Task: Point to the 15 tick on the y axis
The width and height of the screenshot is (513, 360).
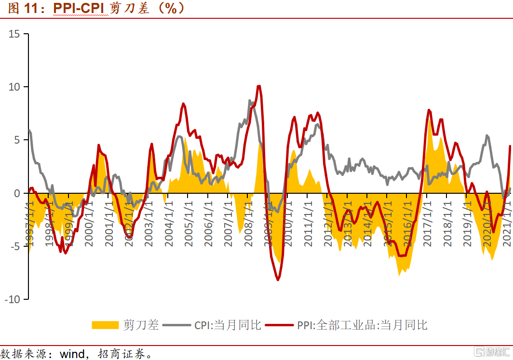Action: pos(14,34)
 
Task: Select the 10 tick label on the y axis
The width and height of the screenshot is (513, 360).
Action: pos(14,87)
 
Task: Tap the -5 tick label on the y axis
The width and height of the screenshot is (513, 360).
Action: pos(14,246)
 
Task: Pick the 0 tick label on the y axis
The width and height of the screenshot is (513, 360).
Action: pos(17,193)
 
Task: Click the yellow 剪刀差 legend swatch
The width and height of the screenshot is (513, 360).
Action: pos(105,325)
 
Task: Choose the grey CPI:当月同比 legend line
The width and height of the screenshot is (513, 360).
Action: pos(177,325)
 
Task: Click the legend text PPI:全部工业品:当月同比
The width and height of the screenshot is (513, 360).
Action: pos(362,325)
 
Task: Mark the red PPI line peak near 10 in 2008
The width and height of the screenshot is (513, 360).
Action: pos(259,86)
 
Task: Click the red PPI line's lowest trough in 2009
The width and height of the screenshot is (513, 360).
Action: pos(278,280)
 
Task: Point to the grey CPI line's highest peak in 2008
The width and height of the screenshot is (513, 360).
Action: pos(250,101)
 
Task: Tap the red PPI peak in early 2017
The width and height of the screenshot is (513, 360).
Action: pos(429,110)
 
